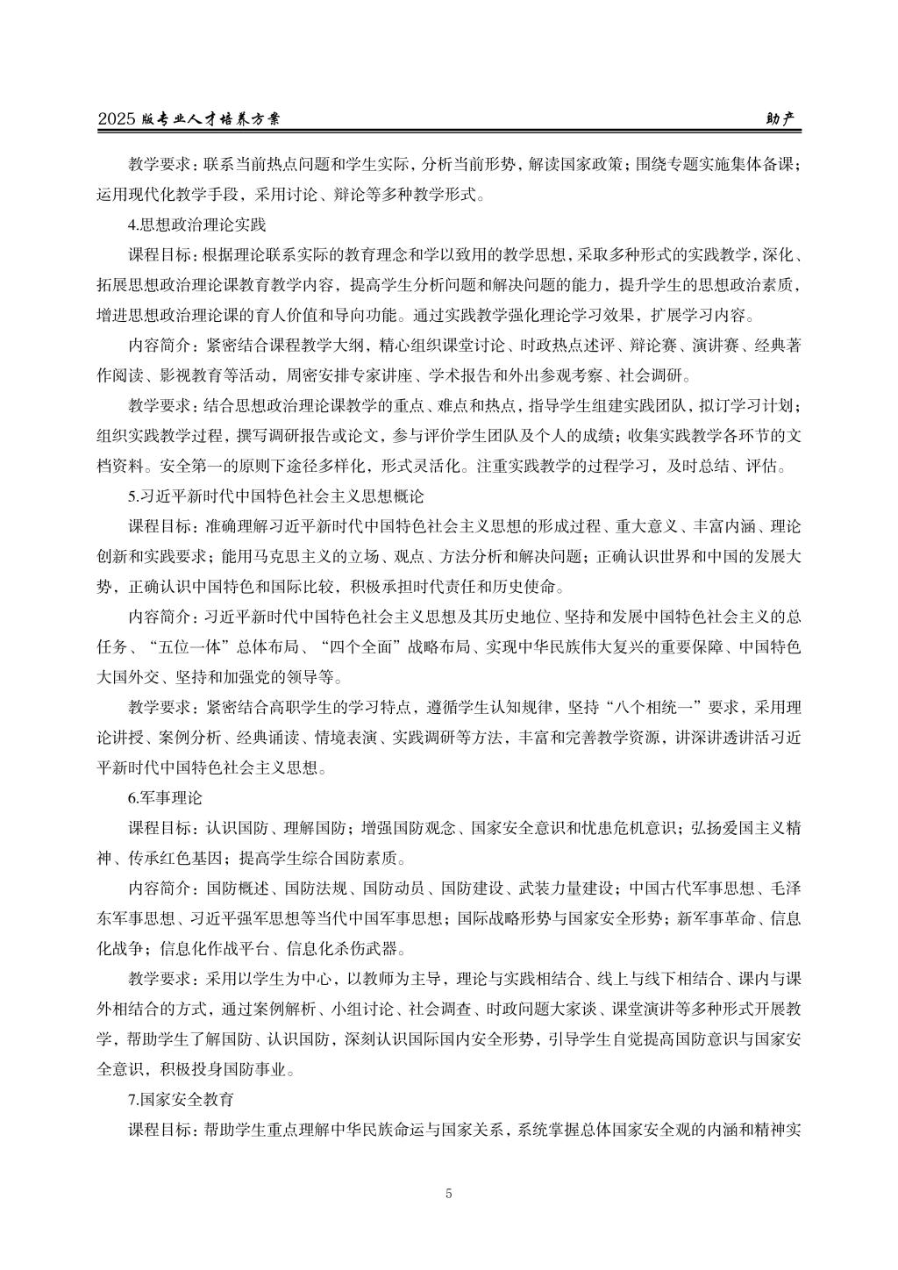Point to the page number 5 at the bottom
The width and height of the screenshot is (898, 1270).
(x=449, y=1193)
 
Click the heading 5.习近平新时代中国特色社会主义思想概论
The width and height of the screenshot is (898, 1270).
(x=276, y=496)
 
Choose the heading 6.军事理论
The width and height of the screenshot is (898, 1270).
(x=166, y=798)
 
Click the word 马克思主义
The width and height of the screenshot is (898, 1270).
(x=295, y=556)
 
